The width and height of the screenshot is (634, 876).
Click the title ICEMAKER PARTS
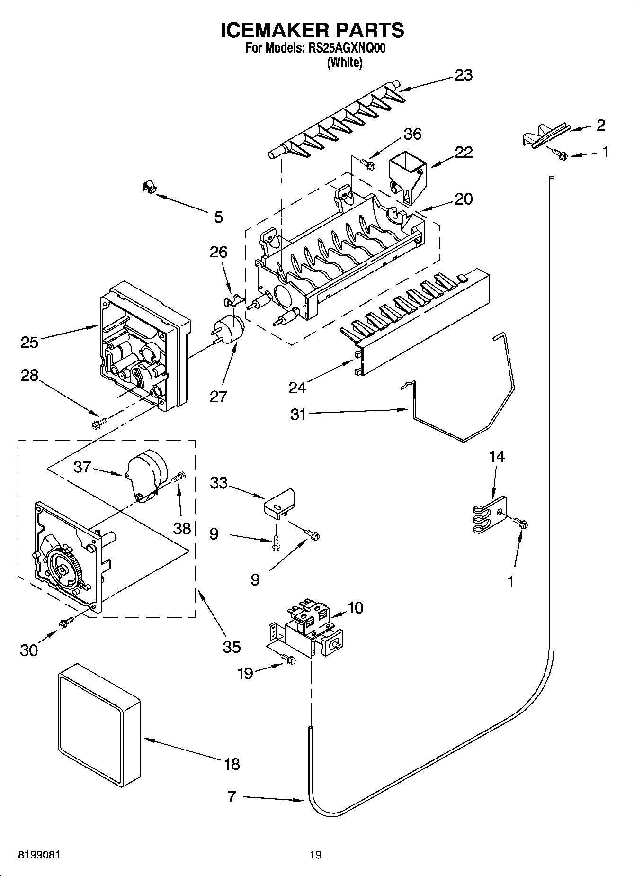tap(313, 30)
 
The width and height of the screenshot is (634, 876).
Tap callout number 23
tap(464, 76)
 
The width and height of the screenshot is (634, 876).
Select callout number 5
tap(218, 217)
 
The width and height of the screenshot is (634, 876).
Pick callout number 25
tap(29, 342)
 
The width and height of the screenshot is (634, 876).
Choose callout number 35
tap(232, 647)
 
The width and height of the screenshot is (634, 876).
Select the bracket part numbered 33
tap(279, 502)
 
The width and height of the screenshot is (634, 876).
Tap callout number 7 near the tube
tap(231, 797)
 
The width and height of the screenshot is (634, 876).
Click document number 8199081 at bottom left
tap(39, 855)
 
